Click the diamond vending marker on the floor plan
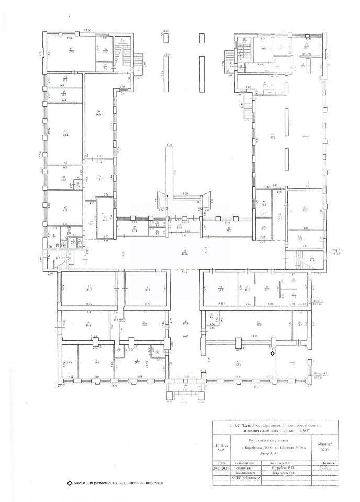coord(272,353)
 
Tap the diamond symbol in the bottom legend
coord(69,483)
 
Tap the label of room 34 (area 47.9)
coord(69,50)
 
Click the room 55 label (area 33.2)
coord(221,288)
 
